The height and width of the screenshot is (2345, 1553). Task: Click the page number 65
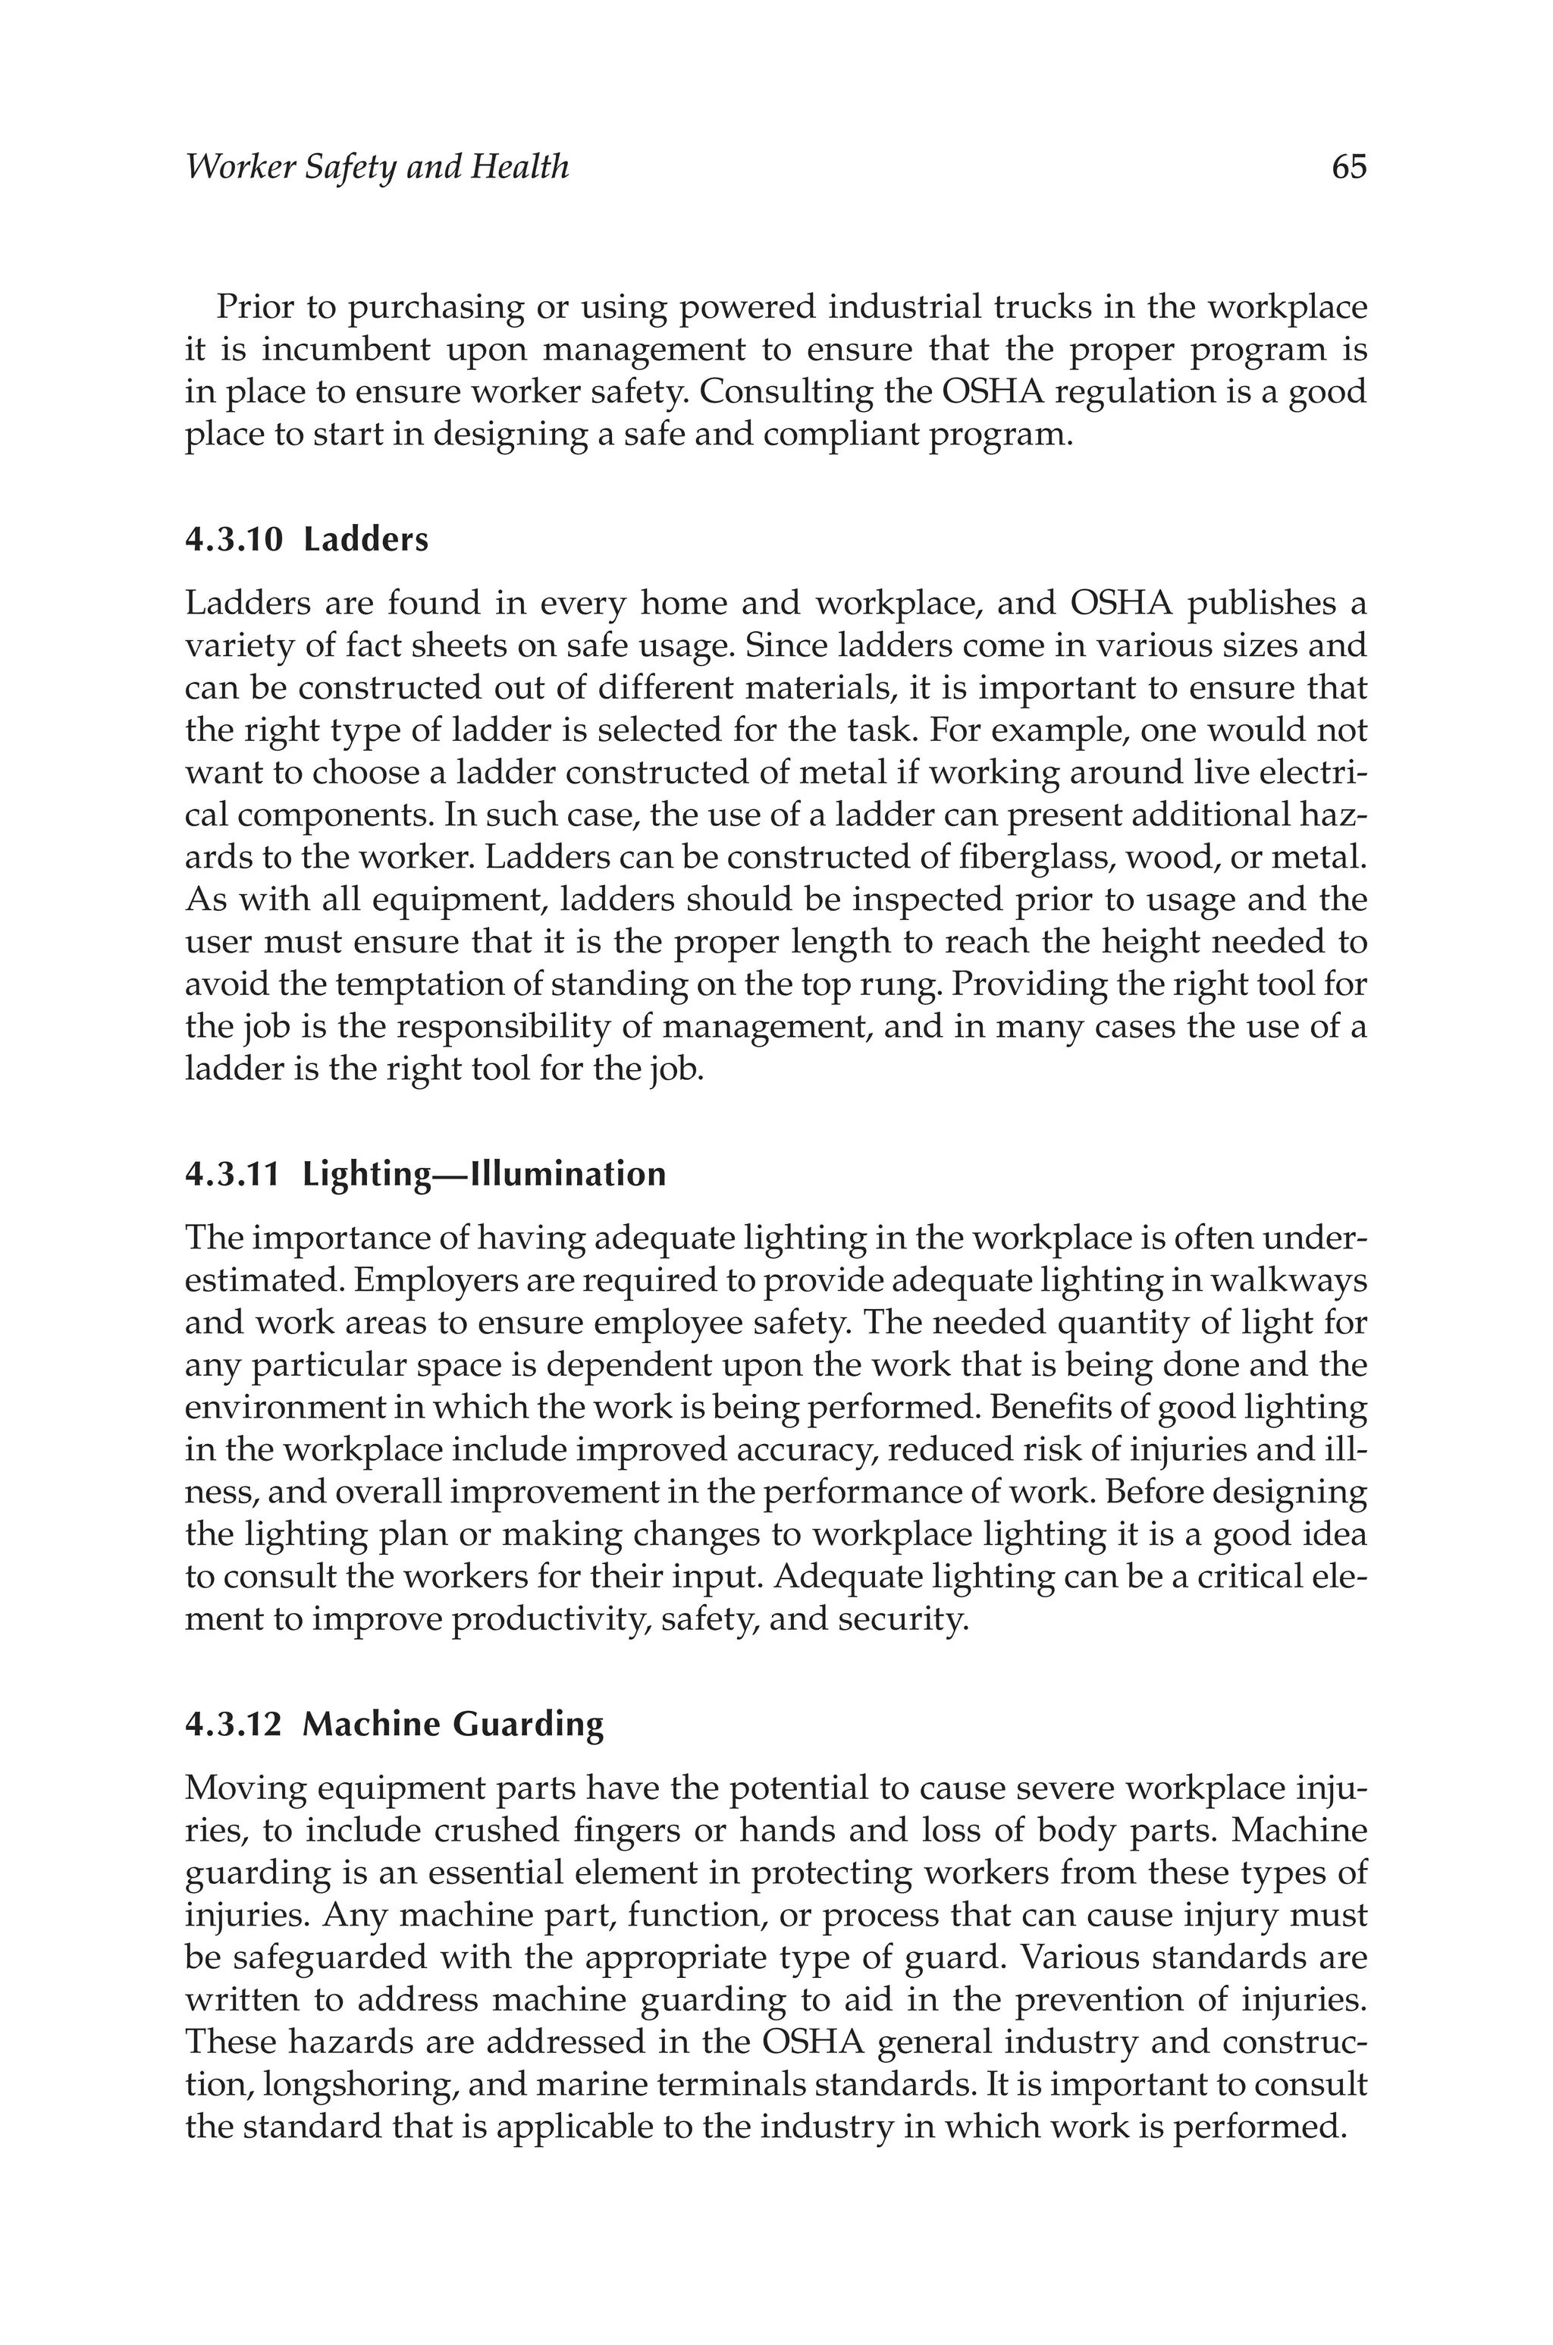coord(1349,166)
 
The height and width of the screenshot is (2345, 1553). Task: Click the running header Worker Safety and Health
coord(378,166)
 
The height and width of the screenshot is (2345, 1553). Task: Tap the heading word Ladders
coord(366,540)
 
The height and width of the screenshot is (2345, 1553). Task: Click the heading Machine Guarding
coord(453,1724)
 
